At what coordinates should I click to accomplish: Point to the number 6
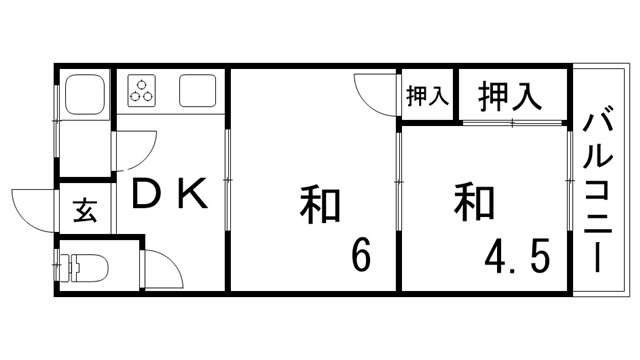pos(360,256)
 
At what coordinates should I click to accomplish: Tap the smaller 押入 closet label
pos(428,97)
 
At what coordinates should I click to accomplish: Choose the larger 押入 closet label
pos(510,96)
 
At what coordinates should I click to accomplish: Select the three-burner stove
pos(142,92)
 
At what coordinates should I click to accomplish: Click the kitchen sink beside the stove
pos(197,92)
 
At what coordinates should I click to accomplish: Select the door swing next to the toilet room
pos(160,268)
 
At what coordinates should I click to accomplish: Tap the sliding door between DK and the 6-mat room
pos(229,180)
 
